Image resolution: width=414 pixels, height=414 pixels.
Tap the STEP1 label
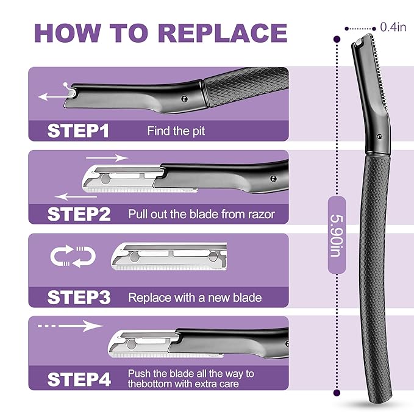[x=79, y=130]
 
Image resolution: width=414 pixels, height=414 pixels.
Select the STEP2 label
[x=79, y=214]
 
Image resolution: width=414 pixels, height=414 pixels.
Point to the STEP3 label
[x=79, y=297]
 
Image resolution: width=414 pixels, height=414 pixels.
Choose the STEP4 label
[x=79, y=379]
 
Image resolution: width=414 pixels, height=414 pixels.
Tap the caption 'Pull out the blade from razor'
[x=201, y=215]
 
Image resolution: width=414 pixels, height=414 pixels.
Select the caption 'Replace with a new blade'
[x=195, y=298]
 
